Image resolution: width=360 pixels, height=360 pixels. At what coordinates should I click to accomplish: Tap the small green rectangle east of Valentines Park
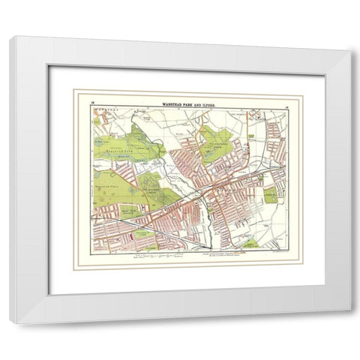tap(250, 138)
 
